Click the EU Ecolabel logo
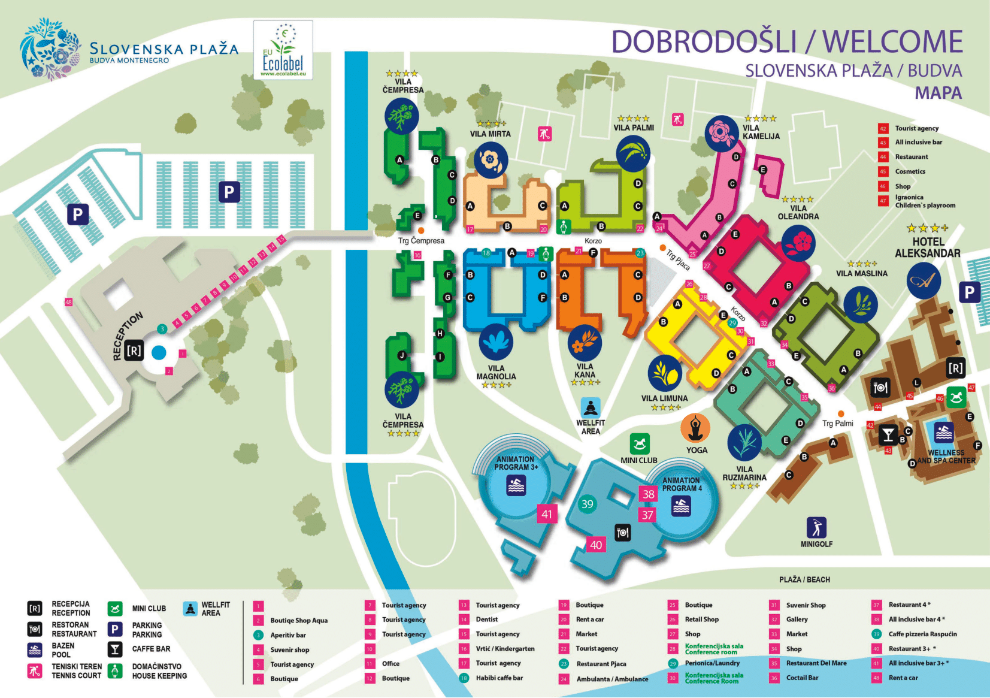pyautogui.click(x=283, y=50)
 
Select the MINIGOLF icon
pyautogui.click(x=816, y=527)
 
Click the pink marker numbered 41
pyautogui.click(x=547, y=514)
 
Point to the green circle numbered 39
pyautogui.click(x=587, y=504)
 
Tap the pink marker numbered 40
pyautogui.click(x=596, y=545)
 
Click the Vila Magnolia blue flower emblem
pyautogui.click(x=496, y=342)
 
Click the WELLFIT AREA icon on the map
pyautogui.click(x=591, y=408)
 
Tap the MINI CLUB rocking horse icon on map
pyautogui.click(x=640, y=444)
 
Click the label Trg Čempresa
pyautogui.click(x=421, y=241)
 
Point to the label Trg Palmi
pyautogui.click(x=837, y=423)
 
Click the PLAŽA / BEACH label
pyautogui.click(x=804, y=579)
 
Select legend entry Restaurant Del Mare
pyautogui.click(x=816, y=663)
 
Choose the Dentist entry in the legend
pyautogui.click(x=486, y=620)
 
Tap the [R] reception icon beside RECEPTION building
pyautogui.click(x=134, y=350)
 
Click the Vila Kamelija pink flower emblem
pyautogui.click(x=721, y=133)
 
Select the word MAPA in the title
pyautogui.click(x=938, y=93)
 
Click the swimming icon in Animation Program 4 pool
pyautogui.click(x=681, y=507)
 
